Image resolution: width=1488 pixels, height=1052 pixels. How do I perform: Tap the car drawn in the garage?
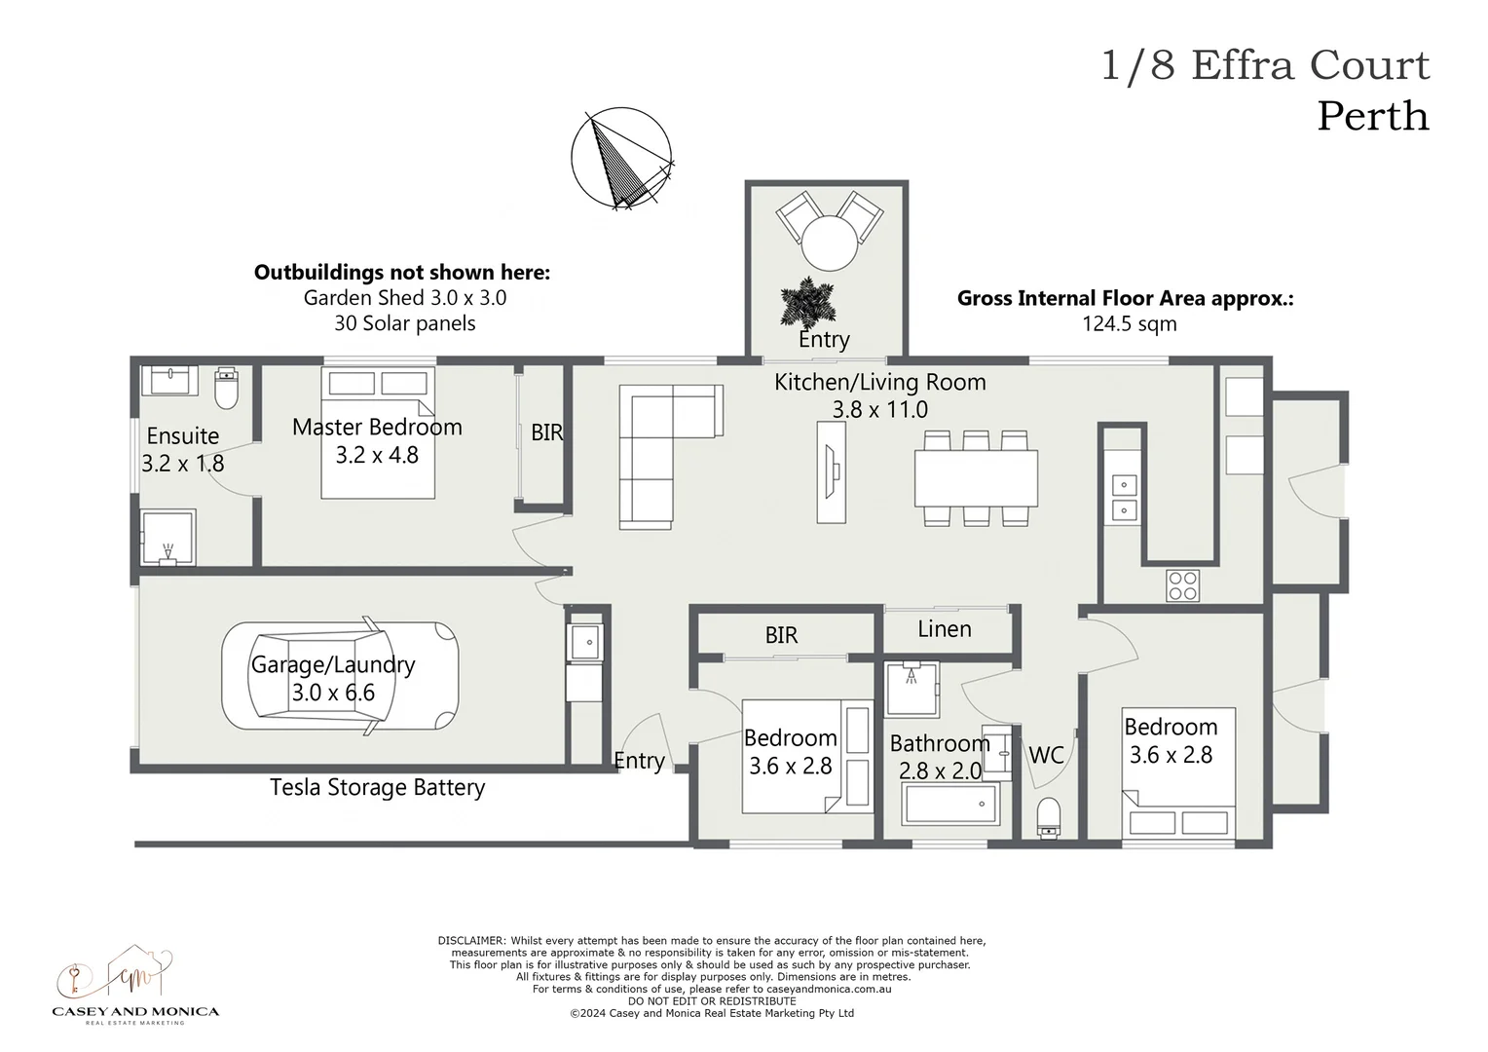pos(340,676)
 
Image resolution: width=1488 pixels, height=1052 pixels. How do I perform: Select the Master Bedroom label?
pos(377,427)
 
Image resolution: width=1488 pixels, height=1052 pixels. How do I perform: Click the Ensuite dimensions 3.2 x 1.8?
pos(182,464)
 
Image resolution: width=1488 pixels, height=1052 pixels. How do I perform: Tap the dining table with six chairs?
pos(976,477)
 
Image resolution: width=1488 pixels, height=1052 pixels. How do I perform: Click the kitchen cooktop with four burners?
pos(1183,584)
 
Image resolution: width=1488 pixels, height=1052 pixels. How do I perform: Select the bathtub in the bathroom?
pos(951,806)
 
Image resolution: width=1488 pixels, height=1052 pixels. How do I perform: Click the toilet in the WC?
pos(1049,816)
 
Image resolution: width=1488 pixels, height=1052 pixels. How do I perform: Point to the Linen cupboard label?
pos(944,629)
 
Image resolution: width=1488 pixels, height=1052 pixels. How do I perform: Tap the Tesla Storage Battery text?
pos(377,787)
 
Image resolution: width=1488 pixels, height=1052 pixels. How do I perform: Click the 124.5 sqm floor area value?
pos(1129,324)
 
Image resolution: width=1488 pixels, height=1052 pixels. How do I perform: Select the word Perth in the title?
pos(1372,116)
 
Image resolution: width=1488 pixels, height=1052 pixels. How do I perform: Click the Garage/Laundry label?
pos(333,665)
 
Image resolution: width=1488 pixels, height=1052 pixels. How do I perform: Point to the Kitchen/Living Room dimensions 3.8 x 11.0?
pos(879,410)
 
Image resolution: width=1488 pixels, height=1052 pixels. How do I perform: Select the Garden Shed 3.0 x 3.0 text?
pos(404,298)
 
